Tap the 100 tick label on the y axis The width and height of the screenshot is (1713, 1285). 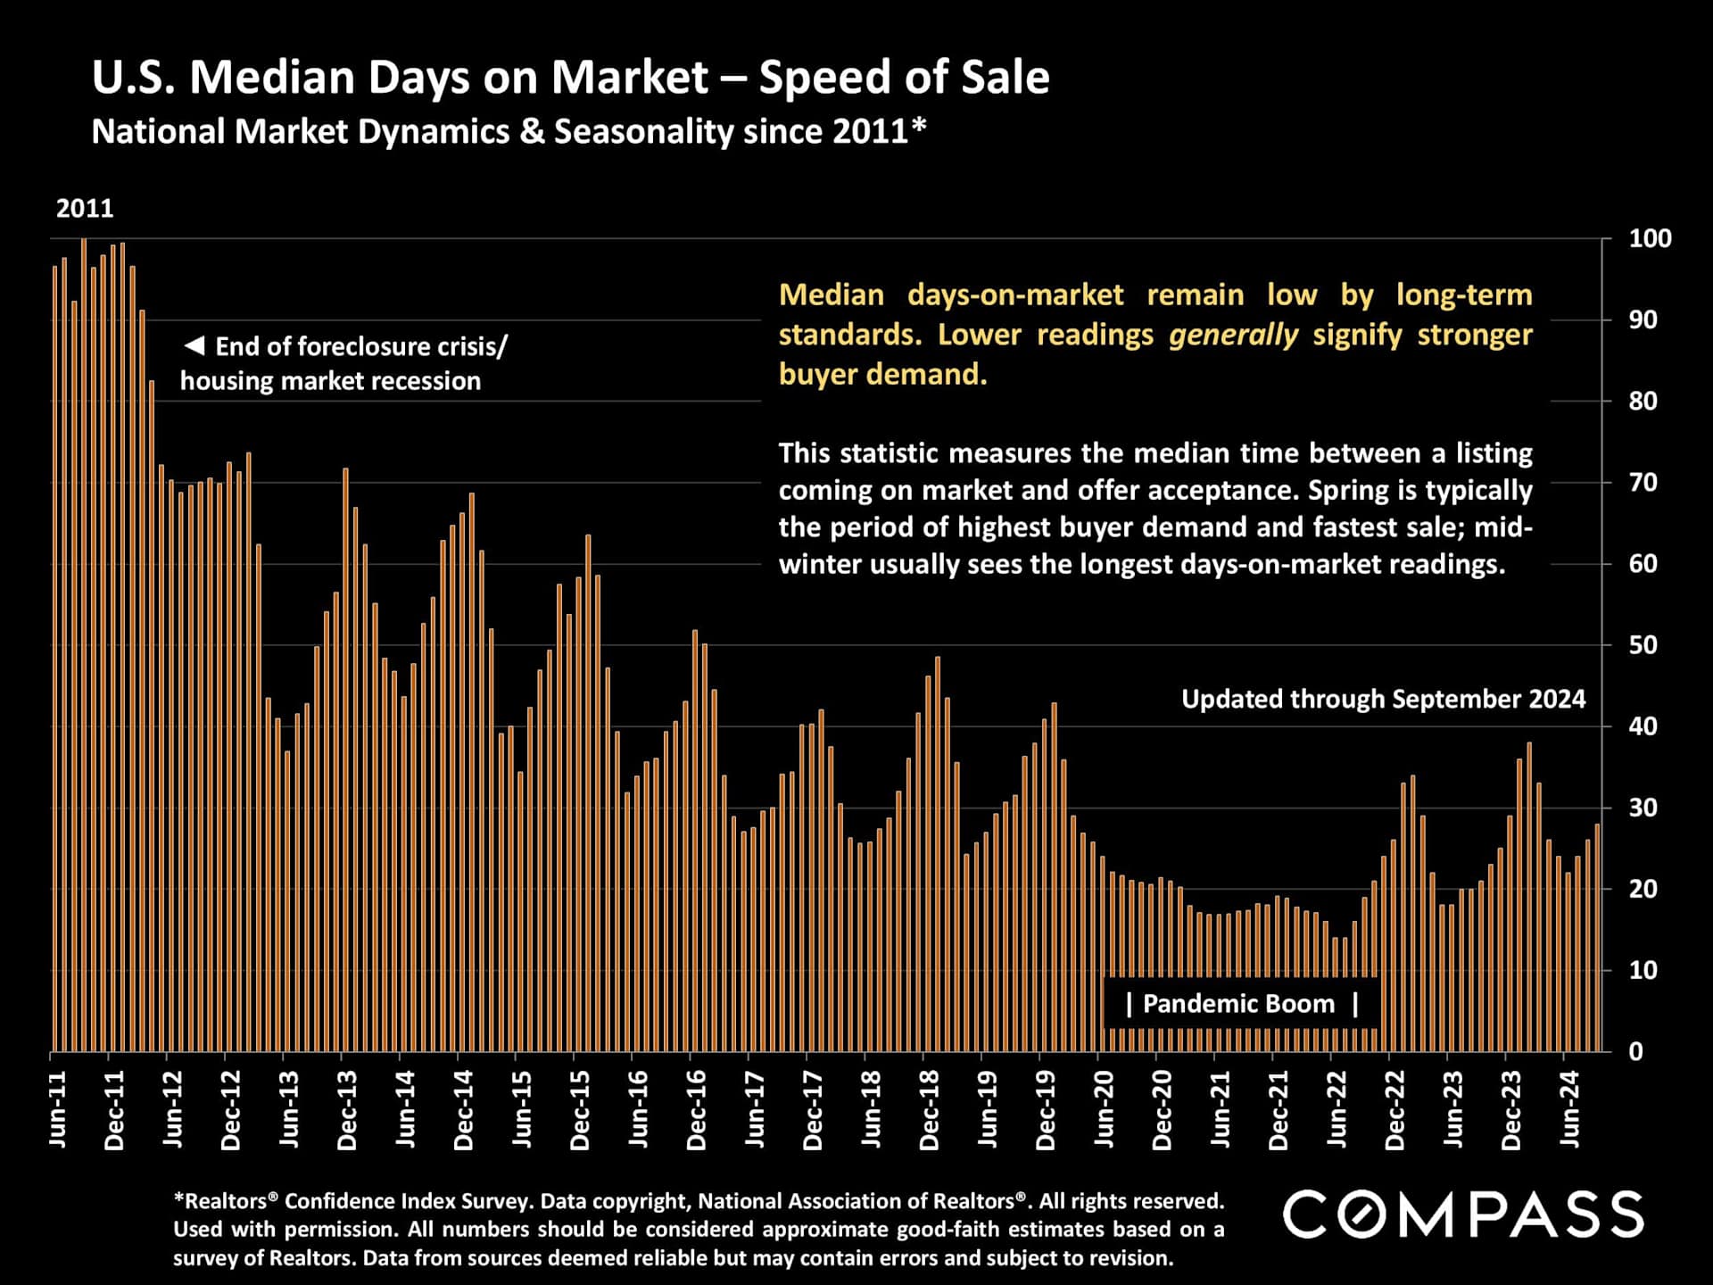pyautogui.click(x=1650, y=239)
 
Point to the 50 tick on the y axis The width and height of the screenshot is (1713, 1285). pyautogui.click(x=1643, y=645)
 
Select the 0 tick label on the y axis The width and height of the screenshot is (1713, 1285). pyautogui.click(x=1635, y=1052)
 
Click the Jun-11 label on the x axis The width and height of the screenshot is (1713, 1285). pyautogui.click(x=57, y=1109)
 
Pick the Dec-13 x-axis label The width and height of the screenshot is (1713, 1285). pyautogui.click(x=347, y=1109)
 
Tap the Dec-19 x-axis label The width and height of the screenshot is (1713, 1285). pyautogui.click(x=1046, y=1109)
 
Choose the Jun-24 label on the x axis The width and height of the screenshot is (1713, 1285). pyautogui.click(x=1569, y=1109)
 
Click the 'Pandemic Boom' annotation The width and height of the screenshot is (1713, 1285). pyautogui.click(x=1241, y=1004)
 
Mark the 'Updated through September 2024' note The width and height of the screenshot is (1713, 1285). pyautogui.click(x=1383, y=699)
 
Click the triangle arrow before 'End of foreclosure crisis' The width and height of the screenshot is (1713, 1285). pyautogui.click(x=194, y=345)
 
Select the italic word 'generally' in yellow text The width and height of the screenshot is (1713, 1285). pyautogui.click(x=1233, y=335)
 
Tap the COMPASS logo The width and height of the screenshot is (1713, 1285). pyautogui.click(x=1463, y=1215)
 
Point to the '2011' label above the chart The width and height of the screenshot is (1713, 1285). pyautogui.click(x=85, y=209)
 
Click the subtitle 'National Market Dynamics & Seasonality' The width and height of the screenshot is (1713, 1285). pyautogui.click(x=509, y=132)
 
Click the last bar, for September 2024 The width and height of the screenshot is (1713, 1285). pyautogui.click(x=1597, y=937)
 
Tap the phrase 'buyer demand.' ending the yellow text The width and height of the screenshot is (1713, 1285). pyautogui.click(x=882, y=375)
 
